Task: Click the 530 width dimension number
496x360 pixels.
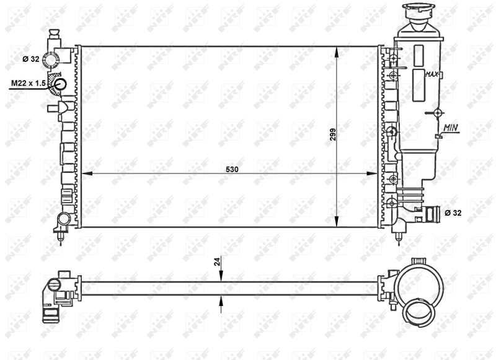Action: tap(231, 168)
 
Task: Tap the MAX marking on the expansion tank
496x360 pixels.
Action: tap(432, 74)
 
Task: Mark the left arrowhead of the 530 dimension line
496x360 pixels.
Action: tap(86, 173)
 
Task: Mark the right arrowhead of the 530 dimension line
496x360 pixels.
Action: tap(374, 173)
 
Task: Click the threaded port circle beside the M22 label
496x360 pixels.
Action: tap(61, 84)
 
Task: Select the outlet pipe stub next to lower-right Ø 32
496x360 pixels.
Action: tap(432, 214)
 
